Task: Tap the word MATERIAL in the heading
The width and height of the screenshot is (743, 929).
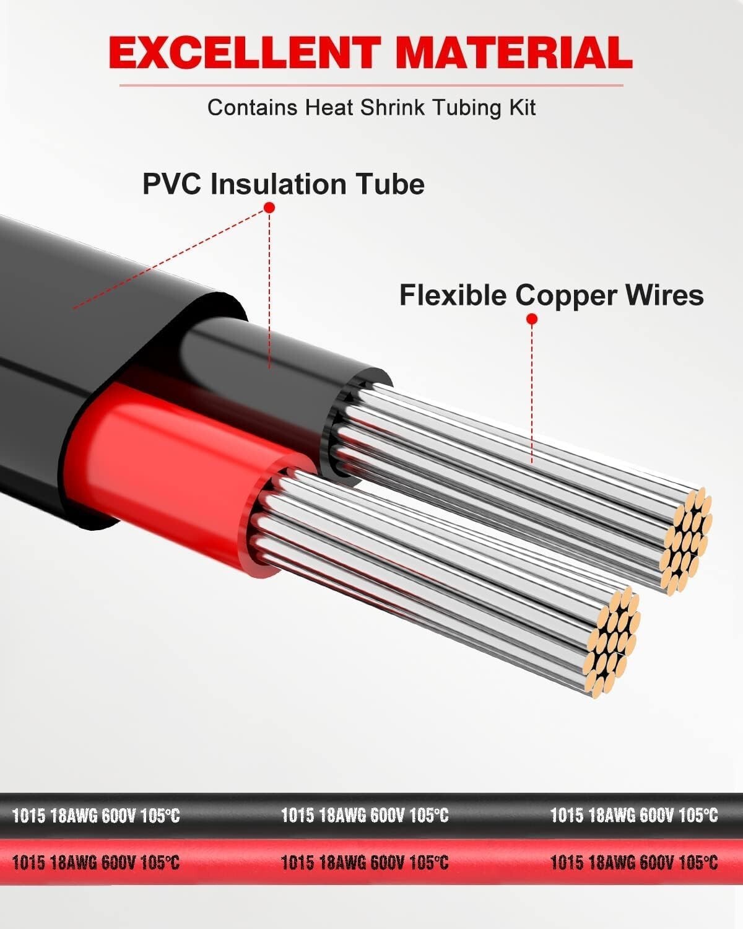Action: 514,53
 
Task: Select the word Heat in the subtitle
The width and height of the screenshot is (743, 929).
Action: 329,107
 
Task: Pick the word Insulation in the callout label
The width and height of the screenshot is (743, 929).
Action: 279,184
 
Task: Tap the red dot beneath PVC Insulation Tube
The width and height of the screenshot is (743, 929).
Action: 269,207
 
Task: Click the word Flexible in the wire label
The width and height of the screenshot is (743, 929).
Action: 453,295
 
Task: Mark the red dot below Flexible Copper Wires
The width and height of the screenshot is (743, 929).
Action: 532,319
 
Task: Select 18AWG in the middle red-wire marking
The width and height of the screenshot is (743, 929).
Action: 342,862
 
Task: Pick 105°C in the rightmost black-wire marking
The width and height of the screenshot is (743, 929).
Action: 698,815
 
